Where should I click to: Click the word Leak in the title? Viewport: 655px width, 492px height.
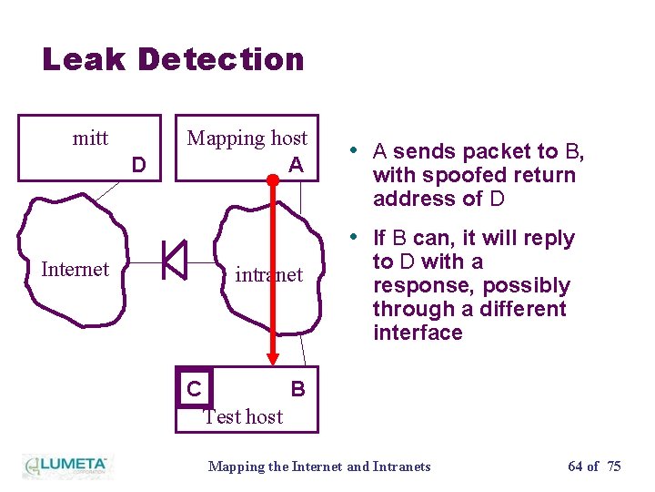click(84, 59)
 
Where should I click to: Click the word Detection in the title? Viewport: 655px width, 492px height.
click(221, 59)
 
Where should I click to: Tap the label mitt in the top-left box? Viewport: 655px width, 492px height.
click(90, 138)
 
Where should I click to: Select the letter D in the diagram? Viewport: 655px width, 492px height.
click(138, 165)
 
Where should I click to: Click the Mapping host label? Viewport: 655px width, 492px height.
click(247, 138)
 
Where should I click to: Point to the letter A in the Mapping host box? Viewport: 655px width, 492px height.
click(296, 165)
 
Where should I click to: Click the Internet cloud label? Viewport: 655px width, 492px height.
click(75, 269)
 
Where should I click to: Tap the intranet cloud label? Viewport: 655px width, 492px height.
click(268, 274)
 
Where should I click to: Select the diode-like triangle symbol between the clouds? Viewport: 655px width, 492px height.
click(174, 260)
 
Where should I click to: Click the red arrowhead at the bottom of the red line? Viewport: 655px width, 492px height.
click(271, 358)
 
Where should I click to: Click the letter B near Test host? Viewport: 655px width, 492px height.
click(297, 389)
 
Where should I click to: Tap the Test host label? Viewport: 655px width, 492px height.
click(243, 416)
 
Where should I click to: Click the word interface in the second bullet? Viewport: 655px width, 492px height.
click(418, 333)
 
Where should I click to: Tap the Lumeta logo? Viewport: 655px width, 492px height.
click(65, 465)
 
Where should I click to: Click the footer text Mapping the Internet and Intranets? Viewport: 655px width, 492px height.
click(319, 466)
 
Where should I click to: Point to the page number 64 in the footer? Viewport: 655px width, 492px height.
click(575, 466)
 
